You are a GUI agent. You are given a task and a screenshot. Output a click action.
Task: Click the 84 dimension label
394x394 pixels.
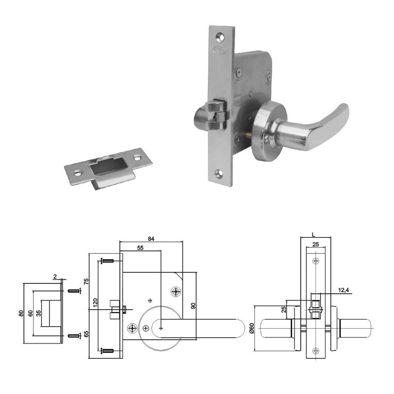point(151,239)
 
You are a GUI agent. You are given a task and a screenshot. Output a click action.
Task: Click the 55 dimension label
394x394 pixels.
point(140,248)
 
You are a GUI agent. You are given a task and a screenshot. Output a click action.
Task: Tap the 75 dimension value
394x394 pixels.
point(86,282)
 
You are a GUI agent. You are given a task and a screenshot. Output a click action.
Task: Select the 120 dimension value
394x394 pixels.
point(95,303)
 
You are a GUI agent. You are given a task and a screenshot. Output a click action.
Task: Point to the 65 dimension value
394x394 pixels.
point(86,334)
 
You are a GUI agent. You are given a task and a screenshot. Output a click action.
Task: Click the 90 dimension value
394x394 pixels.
point(193,306)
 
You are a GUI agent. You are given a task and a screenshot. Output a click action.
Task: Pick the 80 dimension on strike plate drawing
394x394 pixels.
point(21,313)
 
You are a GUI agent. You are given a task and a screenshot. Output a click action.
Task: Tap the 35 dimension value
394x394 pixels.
point(38,313)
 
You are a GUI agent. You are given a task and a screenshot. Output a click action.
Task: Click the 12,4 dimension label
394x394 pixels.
point(343,290)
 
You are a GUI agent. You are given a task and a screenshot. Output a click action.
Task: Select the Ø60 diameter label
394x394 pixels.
point(252,328)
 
